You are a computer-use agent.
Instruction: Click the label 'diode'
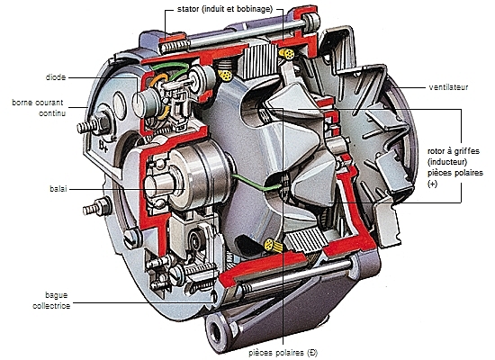pyautogui.click(x=56, y=77)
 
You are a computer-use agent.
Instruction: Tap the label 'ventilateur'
pyautogui.click(x=448, y=87)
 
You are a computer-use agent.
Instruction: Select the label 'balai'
pyautogui.click(x=58, y=189)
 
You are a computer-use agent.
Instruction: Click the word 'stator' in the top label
pyautogui.click(x=188, y=9)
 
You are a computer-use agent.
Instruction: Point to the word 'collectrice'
pyautogui.click(x=51, y=306)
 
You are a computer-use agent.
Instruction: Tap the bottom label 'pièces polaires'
pyautogui.click(x=277, y=353)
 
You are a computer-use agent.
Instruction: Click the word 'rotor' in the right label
pyautogui.click(x=436, y=151)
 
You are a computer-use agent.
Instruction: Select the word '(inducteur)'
pyautogui.click(x=447, y=162)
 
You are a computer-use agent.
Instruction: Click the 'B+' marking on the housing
pyautogui.click(x=103, y=146)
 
